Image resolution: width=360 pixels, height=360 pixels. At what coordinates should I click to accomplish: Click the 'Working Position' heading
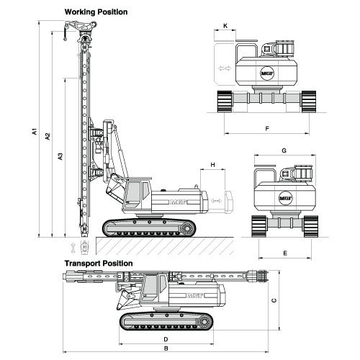tap(96, 12)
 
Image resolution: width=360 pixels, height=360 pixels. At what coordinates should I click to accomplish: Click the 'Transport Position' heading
tap(99, 264)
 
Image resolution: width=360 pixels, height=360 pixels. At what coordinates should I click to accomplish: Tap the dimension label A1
tap(35, 131)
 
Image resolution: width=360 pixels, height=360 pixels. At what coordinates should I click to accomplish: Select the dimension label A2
tap(48, 136)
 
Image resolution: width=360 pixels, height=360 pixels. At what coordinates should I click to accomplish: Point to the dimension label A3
tap(60, 156)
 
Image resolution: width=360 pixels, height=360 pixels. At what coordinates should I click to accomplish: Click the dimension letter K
tap(225, 26)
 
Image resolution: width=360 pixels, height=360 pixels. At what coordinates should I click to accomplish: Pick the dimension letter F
tap(267, 129)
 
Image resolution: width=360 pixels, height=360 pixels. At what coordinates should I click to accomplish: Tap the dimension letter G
tap(284, 150)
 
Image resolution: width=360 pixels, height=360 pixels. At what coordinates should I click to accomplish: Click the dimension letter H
tap(212, 165)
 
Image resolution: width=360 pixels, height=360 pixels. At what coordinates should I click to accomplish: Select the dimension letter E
tap(285, 253)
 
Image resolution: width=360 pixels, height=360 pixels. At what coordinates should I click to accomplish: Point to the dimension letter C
tap(274, 300)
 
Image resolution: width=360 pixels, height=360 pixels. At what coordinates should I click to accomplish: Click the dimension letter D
tap(166, 339)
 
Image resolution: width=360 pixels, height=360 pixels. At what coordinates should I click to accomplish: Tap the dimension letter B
tap(166, 348)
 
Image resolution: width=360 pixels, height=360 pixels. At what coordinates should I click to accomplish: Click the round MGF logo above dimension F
tap(267, 73)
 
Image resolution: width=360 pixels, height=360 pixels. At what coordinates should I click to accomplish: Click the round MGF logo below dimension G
tap(286, 198)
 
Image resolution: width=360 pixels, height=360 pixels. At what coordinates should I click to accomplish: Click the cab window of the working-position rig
tap(132, 192)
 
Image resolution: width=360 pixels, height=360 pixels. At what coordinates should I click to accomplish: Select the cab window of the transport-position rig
tap(150, 286)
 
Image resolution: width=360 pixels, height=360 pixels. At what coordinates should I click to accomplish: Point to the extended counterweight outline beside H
tap(228, 202)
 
